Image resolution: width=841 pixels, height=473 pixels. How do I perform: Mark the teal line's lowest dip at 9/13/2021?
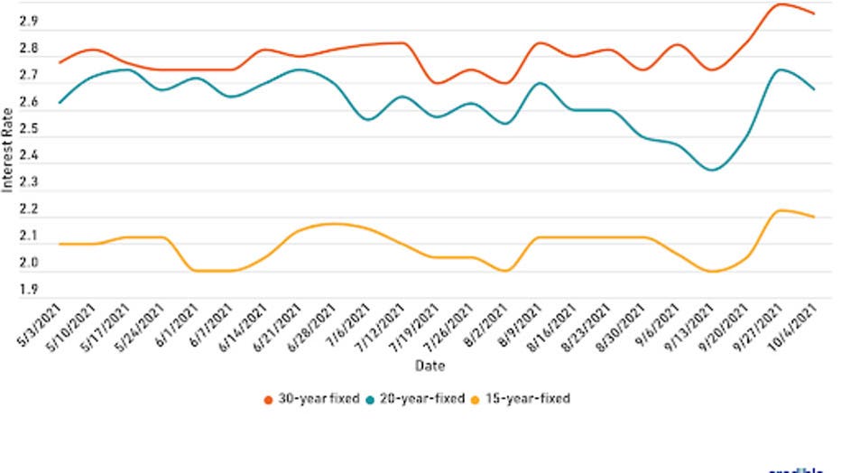(x=714, y=170)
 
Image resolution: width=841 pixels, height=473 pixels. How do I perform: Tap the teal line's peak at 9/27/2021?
(x=781, y=70)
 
